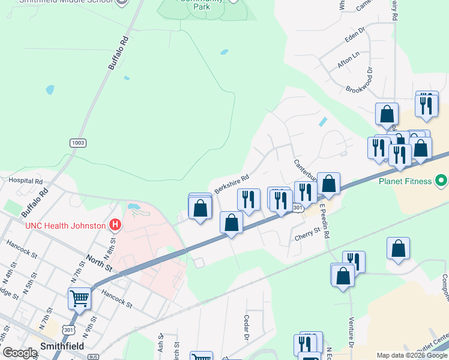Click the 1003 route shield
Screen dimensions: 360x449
pyautogui.click(x=77, y=143)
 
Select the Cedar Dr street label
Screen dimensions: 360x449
pyautogui.click(x=246, y=327)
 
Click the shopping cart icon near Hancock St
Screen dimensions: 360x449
pyautogui.click(x=79, y=298)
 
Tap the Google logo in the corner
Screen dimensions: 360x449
pyautogui.click(x=20, y=353)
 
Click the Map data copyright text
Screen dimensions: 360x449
pyautogui.click(x=411, y=355)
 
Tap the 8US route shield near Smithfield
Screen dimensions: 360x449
pyautogui.click(x=92, y=356)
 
